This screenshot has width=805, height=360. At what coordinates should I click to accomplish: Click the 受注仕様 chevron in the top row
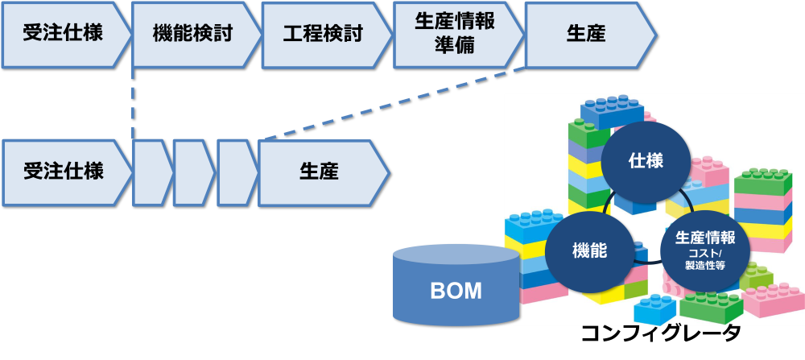(x=64, y=34)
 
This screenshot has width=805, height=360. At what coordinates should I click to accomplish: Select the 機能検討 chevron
(x=193, y=34)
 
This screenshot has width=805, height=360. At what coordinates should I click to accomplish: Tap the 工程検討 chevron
(x=324, y=34)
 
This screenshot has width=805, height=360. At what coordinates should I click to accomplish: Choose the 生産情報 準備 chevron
(x=455, y=34)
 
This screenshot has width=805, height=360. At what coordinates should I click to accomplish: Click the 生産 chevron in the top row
(x=586, y=34)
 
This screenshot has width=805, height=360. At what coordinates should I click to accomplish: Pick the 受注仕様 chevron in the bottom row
(x=64, y=172)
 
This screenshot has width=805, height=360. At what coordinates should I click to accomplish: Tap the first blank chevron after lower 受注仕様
(x=151, y=172)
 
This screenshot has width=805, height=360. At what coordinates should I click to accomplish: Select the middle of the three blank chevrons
(x=192, y=172)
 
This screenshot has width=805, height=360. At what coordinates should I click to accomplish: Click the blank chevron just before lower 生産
(x=236, y=172)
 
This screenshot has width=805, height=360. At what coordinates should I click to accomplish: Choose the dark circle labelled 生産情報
(x=704, y=250)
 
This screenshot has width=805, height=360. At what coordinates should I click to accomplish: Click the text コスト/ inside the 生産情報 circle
(x=705, y=253)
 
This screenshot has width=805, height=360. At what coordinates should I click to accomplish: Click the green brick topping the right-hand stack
(x=762, y=181)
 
